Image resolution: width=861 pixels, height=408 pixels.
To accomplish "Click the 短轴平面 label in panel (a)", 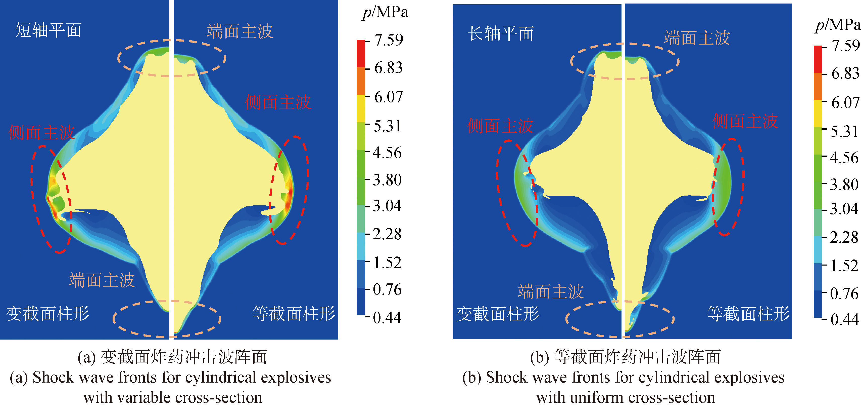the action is [x=49, y=30].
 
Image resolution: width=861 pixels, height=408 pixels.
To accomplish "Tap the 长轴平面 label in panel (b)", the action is [x=501, y=34].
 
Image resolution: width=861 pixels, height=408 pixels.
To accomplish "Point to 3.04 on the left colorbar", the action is [x=387, y=205].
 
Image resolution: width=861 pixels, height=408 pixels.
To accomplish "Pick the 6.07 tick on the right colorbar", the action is [x=845, y=102].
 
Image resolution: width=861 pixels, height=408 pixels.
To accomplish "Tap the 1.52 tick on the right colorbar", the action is [x=844, y=266].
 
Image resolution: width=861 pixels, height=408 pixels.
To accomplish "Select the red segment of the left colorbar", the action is [x=361, y=54].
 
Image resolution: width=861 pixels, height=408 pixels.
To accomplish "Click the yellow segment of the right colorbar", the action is [x=818, y=114].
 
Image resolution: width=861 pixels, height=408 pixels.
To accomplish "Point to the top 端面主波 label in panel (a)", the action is [x=240, y=31].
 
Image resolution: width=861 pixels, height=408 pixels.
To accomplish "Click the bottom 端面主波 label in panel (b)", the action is [x=551, y=291].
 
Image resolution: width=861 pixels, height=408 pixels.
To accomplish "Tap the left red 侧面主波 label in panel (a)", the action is [x=41, y=133].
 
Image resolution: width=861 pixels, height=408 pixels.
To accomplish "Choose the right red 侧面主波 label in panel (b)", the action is [x=745, y=121].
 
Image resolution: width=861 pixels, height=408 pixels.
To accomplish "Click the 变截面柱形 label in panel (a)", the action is [x=47, y=314].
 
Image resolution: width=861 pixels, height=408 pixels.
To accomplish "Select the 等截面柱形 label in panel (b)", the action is [x=748, y=314].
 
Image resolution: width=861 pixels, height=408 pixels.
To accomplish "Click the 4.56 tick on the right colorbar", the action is [x=844, y=158].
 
